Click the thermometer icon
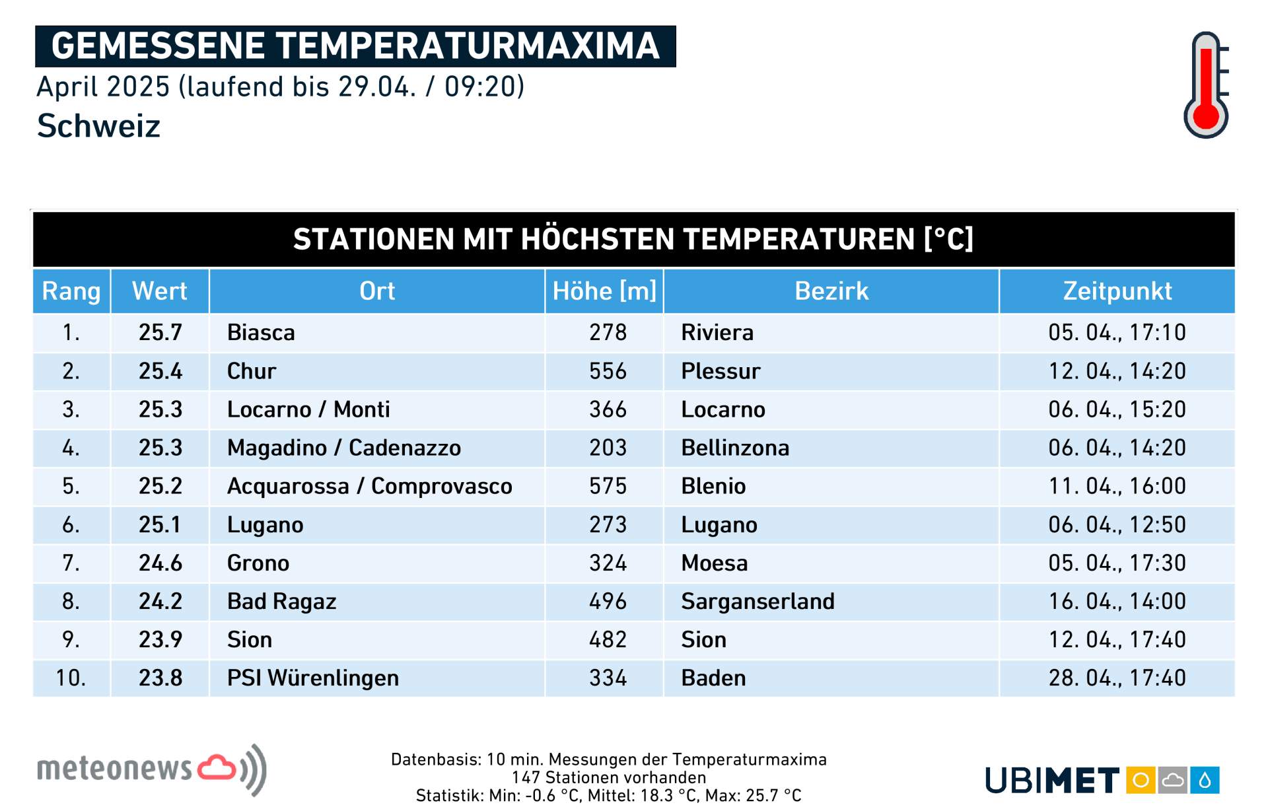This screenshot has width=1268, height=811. point(1206,85)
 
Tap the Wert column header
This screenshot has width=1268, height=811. point(160,291)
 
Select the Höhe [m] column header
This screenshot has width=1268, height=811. point(604,291)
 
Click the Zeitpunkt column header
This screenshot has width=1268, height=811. point(1117,291)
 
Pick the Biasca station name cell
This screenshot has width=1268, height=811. point(261,332)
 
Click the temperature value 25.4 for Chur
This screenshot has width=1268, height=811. point(160,371)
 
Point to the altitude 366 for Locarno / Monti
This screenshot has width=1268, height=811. point(608,409)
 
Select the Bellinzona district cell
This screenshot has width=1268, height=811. point(735,448)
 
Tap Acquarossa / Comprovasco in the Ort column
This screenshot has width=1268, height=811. point(369,486)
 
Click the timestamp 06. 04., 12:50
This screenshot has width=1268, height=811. point(1117,524)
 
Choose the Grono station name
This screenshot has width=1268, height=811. point(258,563)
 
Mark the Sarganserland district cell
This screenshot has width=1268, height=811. point(757,601)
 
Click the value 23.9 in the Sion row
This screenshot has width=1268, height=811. point(160,639)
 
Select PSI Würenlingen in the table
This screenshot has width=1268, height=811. point(312,678)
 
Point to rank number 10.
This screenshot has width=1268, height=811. point(71,678)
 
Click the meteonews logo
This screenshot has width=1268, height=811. point(152,769)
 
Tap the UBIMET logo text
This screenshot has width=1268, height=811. point(1052,781)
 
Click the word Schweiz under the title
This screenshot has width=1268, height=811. point(99,125)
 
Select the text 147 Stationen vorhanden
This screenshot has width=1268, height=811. point(608,777)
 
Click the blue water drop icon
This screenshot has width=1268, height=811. point(1205,781)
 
